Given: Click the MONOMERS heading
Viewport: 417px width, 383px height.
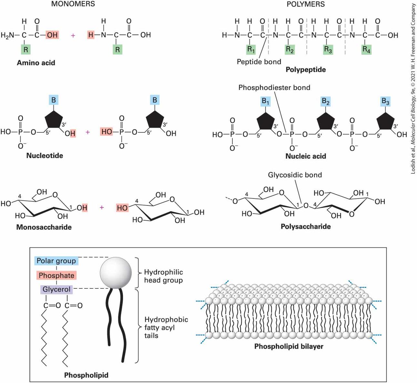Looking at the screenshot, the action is [x=73, y=4].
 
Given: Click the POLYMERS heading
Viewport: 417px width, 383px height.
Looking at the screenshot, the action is [x=306, y=4].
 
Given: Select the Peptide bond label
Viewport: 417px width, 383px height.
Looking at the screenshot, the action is [x=259, y=62].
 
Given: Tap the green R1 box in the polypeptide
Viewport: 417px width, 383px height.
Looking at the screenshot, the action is [x=251, y=49].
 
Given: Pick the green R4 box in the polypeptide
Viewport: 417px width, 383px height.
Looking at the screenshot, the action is [x=366, y=49].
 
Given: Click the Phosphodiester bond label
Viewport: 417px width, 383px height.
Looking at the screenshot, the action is [x=274, y=88].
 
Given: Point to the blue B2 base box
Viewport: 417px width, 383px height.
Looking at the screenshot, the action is [x=326, y=101].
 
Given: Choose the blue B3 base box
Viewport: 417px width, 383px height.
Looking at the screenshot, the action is [x=385, y=101].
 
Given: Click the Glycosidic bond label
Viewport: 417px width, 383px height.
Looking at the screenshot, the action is [x=295, y=175].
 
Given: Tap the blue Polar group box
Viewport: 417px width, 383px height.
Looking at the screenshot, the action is [x=56, y=261].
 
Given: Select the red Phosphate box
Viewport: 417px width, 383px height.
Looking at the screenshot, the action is [x=56, y=275].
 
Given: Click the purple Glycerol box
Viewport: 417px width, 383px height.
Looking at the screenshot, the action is [x=56, y=289].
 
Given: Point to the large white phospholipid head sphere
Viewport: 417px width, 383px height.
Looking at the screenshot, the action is [x=116, y=273].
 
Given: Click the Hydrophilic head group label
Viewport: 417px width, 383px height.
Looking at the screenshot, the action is [x=164, y=276].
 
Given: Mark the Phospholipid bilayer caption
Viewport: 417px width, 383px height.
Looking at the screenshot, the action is [x=289, y=346].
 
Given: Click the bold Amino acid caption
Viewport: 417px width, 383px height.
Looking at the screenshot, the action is [x=36, y=63].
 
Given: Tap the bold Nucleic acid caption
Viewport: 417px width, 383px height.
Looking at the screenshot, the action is [x=306, y=156].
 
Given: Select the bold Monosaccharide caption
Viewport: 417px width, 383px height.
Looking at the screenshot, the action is [x=44, y=227].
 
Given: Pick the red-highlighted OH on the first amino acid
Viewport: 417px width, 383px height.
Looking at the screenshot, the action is [x=52, y=35].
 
